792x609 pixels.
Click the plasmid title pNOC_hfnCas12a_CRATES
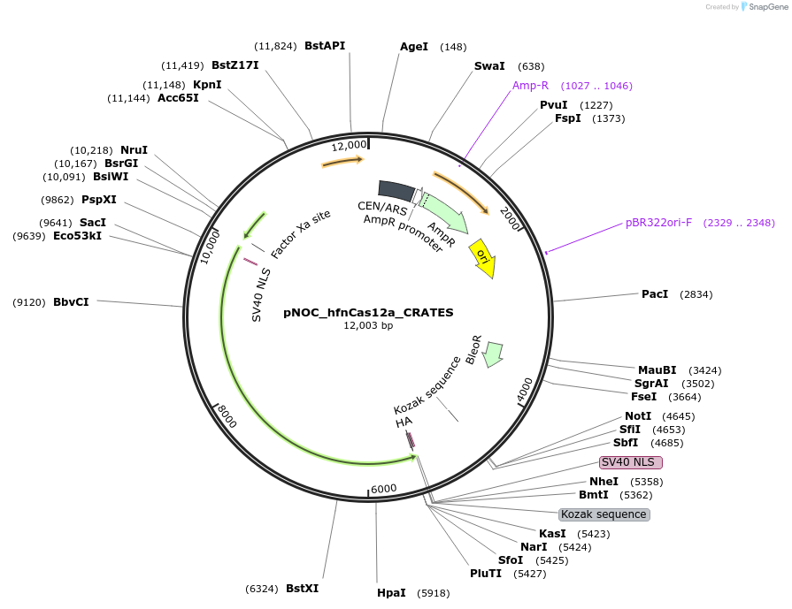[368, 312]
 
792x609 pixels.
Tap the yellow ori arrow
[483, 257]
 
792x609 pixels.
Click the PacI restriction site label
[655, 293]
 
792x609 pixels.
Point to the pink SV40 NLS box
[631, 462]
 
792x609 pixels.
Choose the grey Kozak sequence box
[604, 514]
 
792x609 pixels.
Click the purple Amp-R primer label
[531, 86]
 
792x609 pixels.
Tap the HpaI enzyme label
[391, 592]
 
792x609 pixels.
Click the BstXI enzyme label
[302, 588]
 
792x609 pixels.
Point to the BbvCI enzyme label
[71, 301]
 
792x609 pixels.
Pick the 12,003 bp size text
[368, 325]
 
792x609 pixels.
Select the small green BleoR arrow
[494, 353]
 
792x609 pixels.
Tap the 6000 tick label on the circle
[384, 489]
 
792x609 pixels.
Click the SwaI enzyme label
[489, 66]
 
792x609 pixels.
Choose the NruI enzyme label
[134, 149]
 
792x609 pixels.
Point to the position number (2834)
[696, 294]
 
